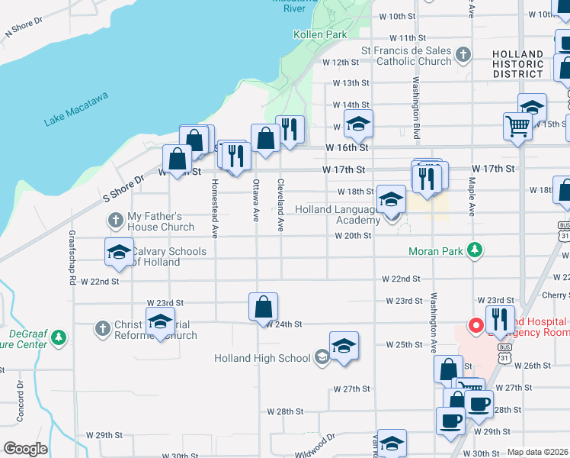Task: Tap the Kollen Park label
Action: [x=320, y=34]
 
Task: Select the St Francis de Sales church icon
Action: [x=462, y=54]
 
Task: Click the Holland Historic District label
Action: [x=517, y=64]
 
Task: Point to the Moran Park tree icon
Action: [x=475, y=250]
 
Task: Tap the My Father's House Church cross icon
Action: [x=116, y=221]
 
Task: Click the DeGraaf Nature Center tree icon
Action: [x=60, y=336]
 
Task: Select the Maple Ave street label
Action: [x=472, y=197]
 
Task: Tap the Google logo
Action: [x=26, y=449]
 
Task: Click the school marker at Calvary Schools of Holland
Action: [x=119, y=254]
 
